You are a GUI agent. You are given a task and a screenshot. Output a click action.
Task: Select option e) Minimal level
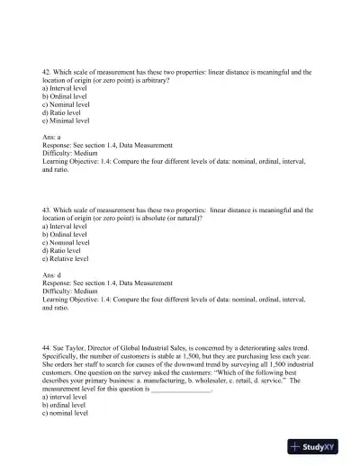click(66, 120)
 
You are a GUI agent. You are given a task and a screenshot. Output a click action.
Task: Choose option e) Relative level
click(66, 258)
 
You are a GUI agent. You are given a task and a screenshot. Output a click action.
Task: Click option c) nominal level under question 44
click(65, 413)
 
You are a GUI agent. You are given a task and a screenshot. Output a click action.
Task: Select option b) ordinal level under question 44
click(64, 405)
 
